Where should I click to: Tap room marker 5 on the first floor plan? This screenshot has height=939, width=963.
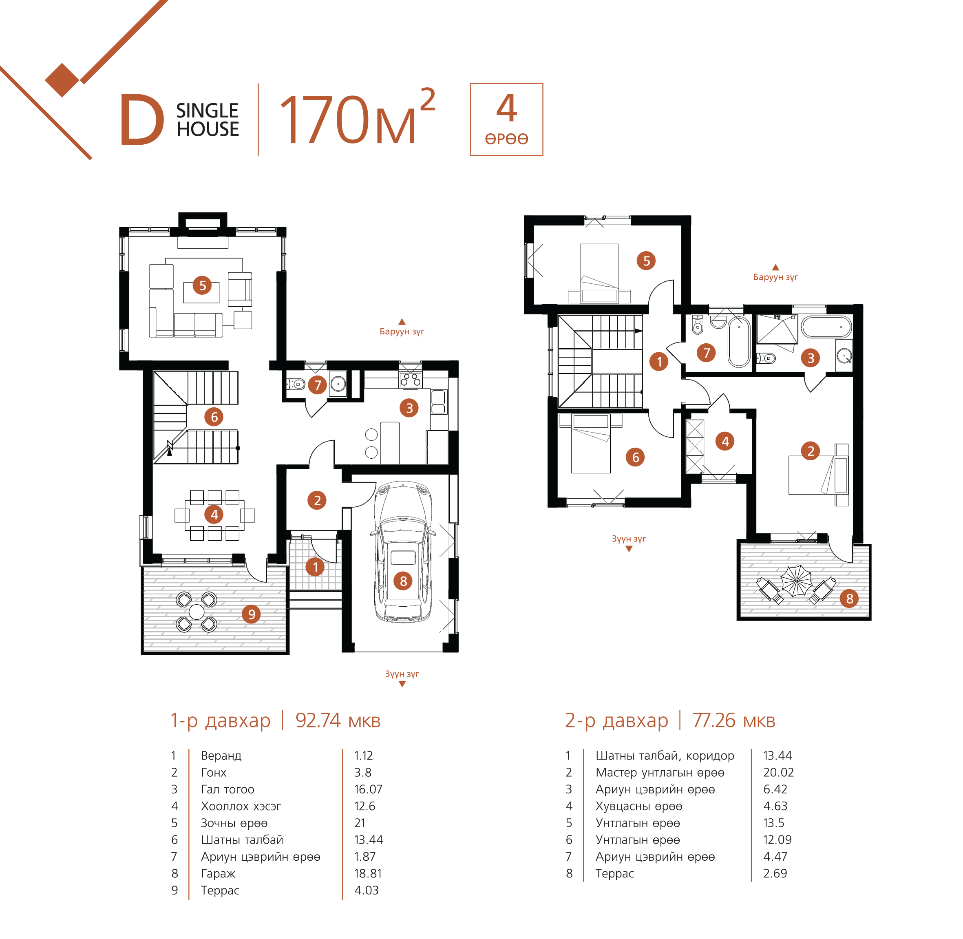[x=202, y=285]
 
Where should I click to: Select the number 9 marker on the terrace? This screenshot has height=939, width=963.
[x=252, y=614]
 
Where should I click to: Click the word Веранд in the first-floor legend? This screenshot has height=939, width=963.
[x=221, y=756]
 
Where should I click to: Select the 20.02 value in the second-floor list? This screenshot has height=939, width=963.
[x=778, y=772]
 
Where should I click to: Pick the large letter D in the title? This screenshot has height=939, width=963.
[x=142, y=120]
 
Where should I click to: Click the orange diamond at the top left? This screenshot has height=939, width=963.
[x=62, y=80]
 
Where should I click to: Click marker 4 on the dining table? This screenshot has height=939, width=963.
[x=214, y=515]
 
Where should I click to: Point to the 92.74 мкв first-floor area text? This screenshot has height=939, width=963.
[x=338, y=720]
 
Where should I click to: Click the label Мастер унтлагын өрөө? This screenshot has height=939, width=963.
[x=660, y=772]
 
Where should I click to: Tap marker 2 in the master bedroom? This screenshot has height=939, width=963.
[x=810, y=451]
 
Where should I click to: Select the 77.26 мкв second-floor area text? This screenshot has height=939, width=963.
[x=734, y=720]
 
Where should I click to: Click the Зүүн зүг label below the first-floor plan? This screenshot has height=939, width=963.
[x=402, y=674]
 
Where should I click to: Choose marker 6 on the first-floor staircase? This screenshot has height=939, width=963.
[x=214, y=417]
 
